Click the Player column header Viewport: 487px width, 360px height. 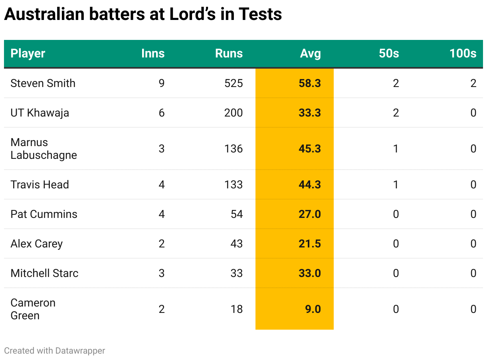point(28,53)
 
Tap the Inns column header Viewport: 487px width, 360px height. point(153,53)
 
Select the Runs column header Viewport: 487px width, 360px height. point(229,53)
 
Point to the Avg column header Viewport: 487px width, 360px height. point(310,53)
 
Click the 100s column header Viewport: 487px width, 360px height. point(463,53)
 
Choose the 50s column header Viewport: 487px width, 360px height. point(389,53)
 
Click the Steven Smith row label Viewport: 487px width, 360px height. point(43,83)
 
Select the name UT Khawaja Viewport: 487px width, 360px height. point(40,113)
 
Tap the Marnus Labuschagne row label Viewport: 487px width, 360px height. point(44,148)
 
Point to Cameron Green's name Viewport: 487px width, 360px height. point(33,309)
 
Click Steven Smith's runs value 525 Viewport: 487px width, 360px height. point(234,83)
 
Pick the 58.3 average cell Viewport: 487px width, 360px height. point(309,83)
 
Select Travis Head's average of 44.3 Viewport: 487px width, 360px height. point(309,184)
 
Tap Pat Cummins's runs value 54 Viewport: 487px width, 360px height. point(237,214)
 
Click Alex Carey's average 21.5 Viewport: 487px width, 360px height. point(309,243)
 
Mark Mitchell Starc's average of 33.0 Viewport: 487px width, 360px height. point(309,273)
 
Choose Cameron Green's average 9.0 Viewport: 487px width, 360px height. point(313,309)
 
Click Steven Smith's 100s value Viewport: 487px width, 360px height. point(473,83)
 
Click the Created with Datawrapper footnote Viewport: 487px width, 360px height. point(55,351)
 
